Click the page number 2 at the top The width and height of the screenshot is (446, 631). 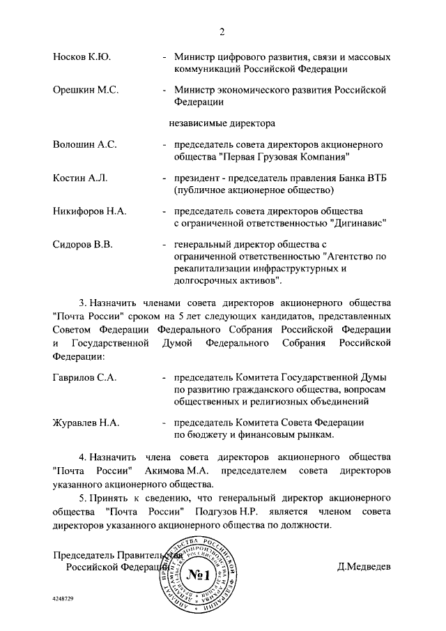(x=222, y=31)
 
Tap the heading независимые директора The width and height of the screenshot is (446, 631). (x=222, y=124)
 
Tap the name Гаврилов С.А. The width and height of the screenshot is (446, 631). (x=84, y=377)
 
